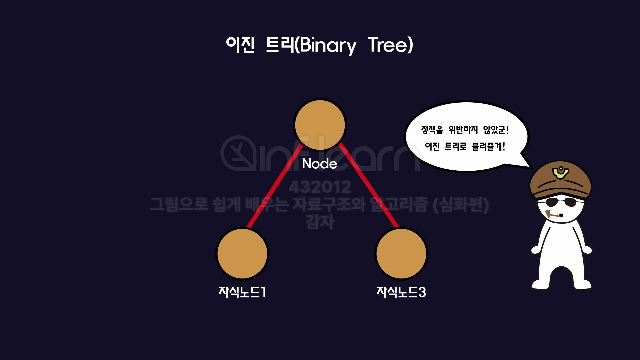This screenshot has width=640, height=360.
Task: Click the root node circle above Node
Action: point(320,124)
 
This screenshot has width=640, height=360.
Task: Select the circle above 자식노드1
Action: point(242,253)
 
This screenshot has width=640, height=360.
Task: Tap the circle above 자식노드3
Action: point(401,253)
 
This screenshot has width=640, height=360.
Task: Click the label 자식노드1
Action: point(242,292)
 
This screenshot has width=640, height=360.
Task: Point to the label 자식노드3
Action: point(401,292)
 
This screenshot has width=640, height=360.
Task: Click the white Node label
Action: point(319,164)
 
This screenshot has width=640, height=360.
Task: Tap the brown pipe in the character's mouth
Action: point(552,216)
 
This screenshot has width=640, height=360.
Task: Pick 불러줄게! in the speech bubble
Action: point(488,146)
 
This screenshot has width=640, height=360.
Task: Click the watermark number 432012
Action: point(320,187)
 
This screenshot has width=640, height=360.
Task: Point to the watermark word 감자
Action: point(320,222)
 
